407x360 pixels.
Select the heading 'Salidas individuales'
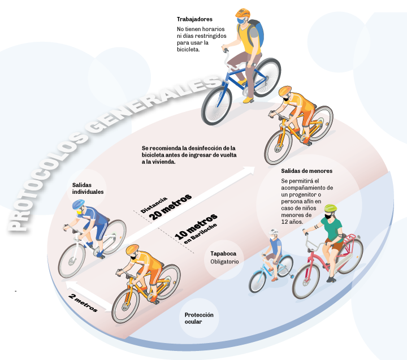(x=88, y=188)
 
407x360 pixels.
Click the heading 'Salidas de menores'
(x=306, y=171)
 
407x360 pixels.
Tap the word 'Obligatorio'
(x=225, y=262)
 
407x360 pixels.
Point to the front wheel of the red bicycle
(x=306, y=281)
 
